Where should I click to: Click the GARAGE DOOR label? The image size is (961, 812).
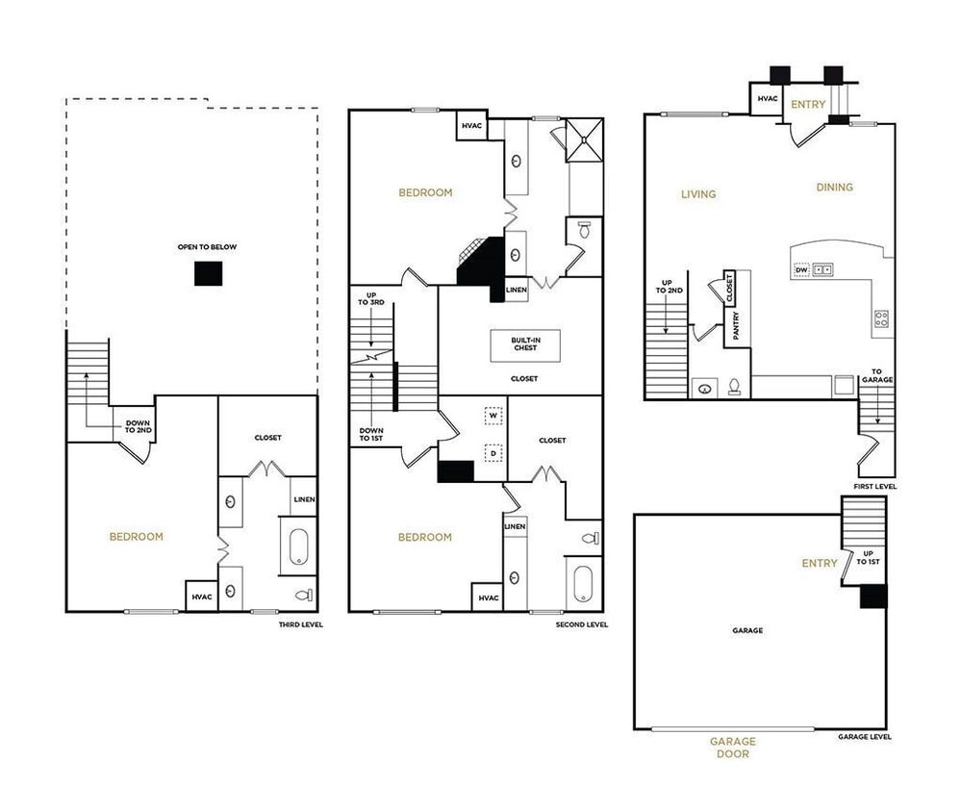[x=733, y=748]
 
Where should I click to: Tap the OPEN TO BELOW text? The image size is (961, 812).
[x=207, y=247]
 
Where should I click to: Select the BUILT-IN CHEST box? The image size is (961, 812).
[x=525, y=345]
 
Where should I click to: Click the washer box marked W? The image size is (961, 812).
[x=493, y=417]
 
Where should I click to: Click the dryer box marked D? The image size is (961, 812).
[x=493, y=451]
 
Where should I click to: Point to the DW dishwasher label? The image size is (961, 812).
[x=800, y=270]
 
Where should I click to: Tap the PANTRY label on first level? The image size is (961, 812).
[x=736, y=324]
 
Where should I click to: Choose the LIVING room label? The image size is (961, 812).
[x=698, y=194]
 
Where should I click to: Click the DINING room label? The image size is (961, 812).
[x=834, y=188]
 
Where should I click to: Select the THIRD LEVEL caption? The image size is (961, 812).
[x=300, y=624]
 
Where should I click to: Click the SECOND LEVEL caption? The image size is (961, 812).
[x=582, y=624]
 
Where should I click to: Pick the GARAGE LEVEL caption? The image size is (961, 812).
[x=864, y=737]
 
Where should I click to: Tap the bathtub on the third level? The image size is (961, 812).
[x=295, y=547]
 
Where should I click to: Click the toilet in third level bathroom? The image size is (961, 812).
[x=305, y=594]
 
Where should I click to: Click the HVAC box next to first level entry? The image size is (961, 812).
[x=767, y=99]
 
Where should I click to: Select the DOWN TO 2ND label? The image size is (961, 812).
[x=136, y=425]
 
